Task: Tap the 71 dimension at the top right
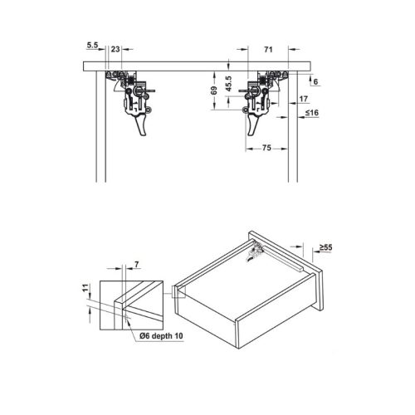click(268, 51)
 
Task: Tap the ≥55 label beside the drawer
click(327, 247)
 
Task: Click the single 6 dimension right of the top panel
click(315, 81)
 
